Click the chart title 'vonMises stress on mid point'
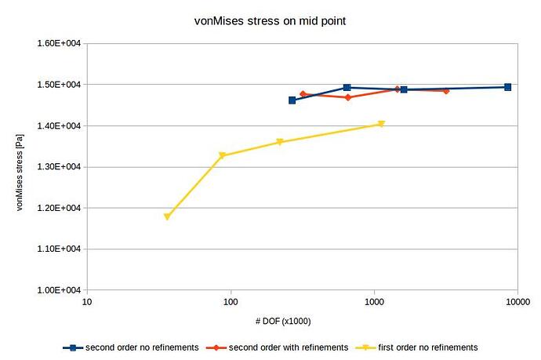point(270,20)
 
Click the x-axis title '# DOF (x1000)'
point(302,321)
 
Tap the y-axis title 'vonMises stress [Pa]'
point(21,167)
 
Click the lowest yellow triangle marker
point(167,216)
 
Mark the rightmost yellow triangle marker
point(381,124)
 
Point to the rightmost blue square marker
point(507,87)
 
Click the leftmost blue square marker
point(292,100)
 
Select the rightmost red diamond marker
point(446,91)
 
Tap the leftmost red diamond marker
point(303,94)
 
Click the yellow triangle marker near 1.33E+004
point(223,155)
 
